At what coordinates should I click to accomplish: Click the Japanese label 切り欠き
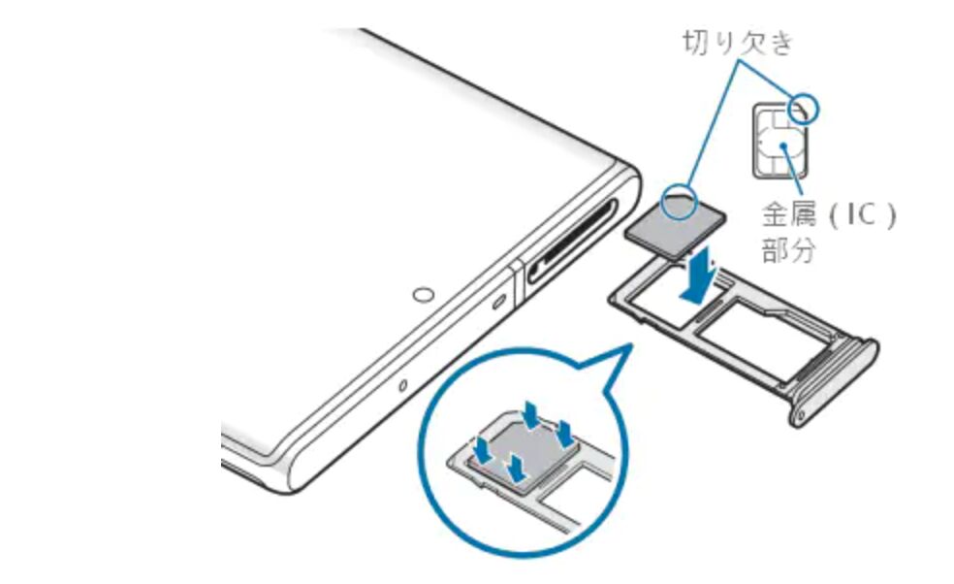[x=738, y=43]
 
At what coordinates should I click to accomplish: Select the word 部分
[x=788, y=249]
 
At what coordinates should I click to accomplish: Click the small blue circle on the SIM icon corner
[x=803, y=109]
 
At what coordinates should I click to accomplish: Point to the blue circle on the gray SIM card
[x=679, y=202]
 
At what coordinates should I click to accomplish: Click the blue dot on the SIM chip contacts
[x=784, y=146]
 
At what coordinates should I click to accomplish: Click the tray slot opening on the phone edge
[x=572, y=242]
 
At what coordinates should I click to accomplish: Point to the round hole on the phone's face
[x=424, y=295]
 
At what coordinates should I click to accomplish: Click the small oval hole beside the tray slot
[x=499, y=301]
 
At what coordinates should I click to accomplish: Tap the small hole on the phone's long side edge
[x=402, y=385]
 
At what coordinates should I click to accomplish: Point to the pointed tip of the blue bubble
[x=632, y=344]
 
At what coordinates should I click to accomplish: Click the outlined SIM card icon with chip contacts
[x=780, y=141]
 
